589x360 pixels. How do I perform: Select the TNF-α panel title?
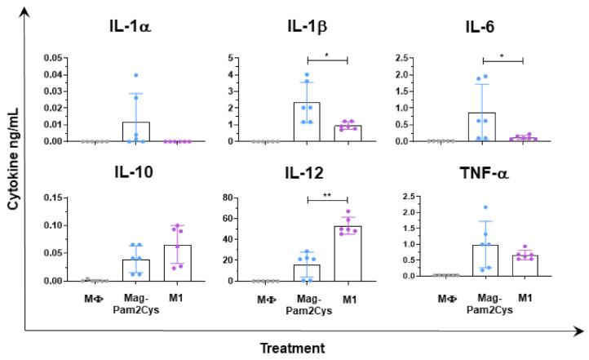click(x=502, y=174)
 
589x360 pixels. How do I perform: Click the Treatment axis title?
click(x=292, y=348)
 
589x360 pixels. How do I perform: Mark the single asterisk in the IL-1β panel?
click(x=328, y=55)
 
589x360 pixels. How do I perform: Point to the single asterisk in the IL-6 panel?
click(x=503, y=55)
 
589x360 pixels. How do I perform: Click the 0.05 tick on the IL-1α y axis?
click(x=53, y=58)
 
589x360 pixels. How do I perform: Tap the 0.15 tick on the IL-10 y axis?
click(x=53, y=198)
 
